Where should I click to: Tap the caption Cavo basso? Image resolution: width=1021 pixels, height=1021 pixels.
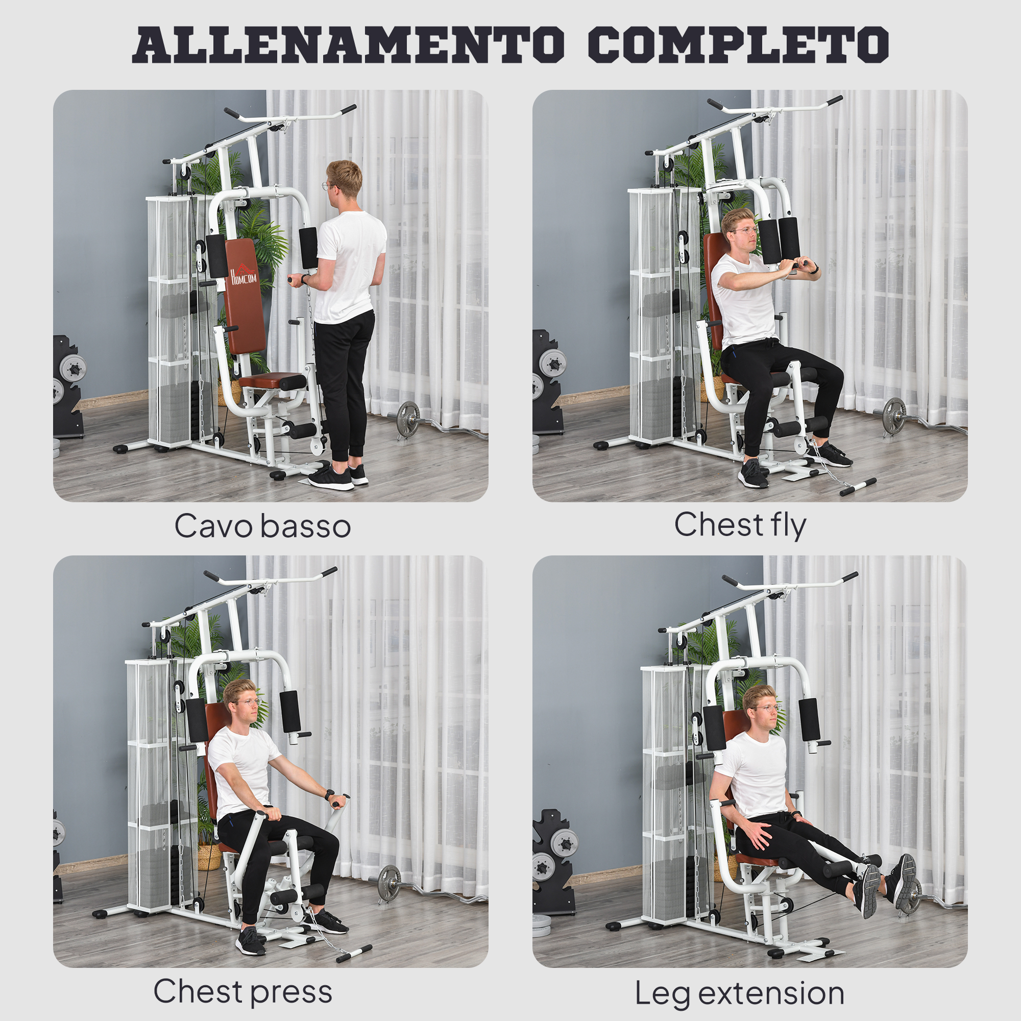[262, 526]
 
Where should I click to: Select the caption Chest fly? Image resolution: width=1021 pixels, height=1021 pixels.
[740, 525]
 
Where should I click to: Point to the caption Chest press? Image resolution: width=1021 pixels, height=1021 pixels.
[242, 991]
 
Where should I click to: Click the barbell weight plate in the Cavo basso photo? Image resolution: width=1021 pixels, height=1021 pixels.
[408, 419]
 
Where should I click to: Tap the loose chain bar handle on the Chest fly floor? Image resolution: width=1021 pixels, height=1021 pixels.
[858, 486]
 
